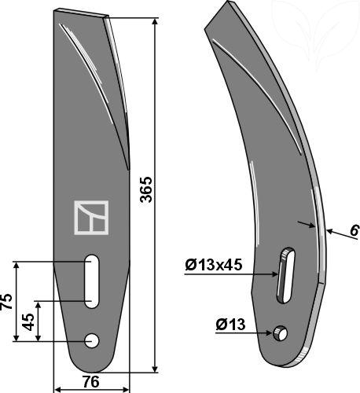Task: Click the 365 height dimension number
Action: (x=146, y=189)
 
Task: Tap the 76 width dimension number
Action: (x=91, y=382)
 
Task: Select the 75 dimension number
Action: (x=6, y=302)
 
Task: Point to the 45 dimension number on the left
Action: (x=28, y=321)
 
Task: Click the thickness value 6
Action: (x=354, y=231)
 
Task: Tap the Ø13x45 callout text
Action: (x=214, y=266)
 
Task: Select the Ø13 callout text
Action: (x=230, y=325)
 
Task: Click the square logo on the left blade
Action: (x=91, y=218)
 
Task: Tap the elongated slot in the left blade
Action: (x=92, y=281)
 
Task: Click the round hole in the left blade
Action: (x=92, y=341)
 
